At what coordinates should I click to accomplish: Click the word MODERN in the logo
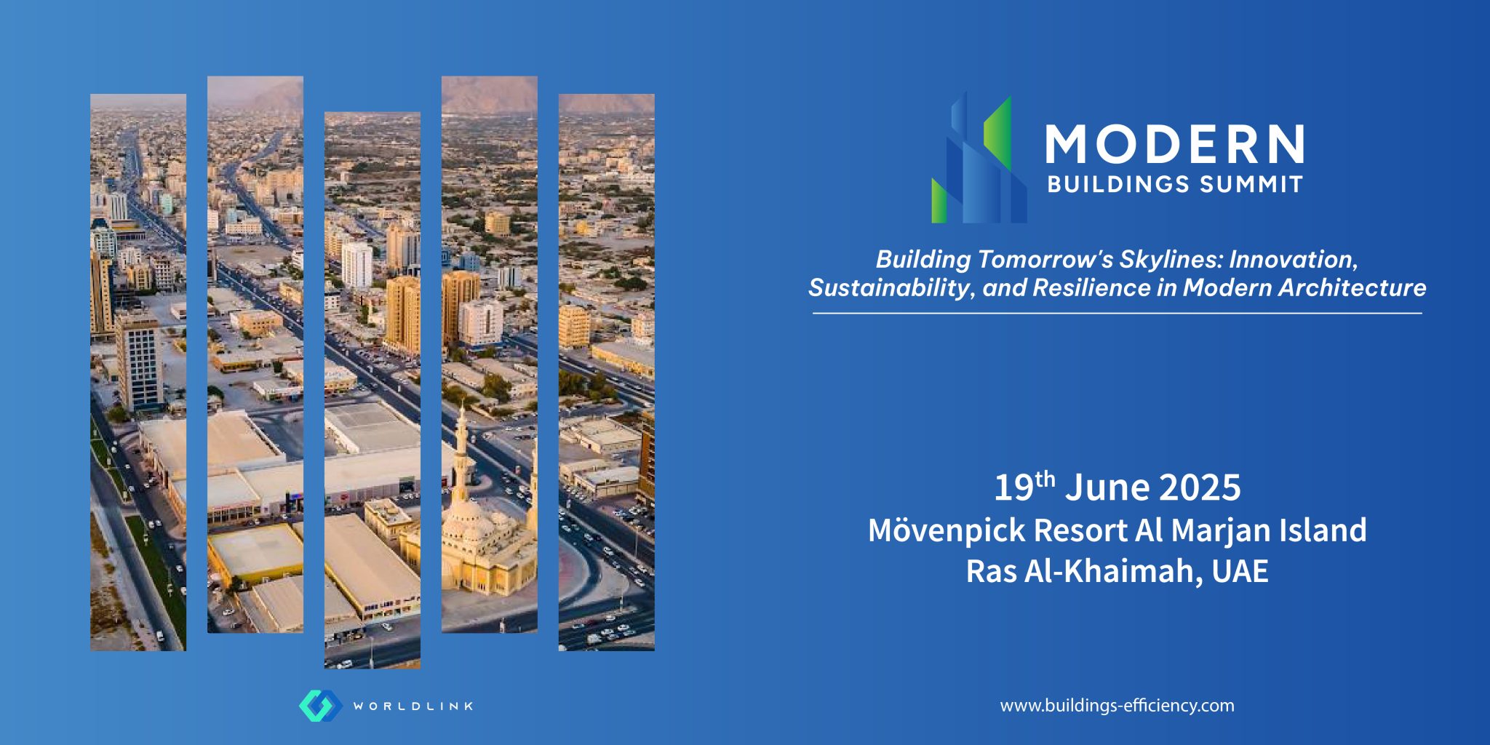(1174, 144)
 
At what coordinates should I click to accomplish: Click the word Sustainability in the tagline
(889, 288)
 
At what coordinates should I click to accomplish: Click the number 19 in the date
(1013, 488)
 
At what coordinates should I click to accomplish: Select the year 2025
(1199, 488)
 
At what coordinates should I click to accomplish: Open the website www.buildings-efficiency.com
(1117, 706)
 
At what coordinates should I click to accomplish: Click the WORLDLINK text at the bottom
(413, 706)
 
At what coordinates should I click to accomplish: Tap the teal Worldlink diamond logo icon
(320, 706)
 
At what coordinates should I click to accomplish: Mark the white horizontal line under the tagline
(1117, 314)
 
